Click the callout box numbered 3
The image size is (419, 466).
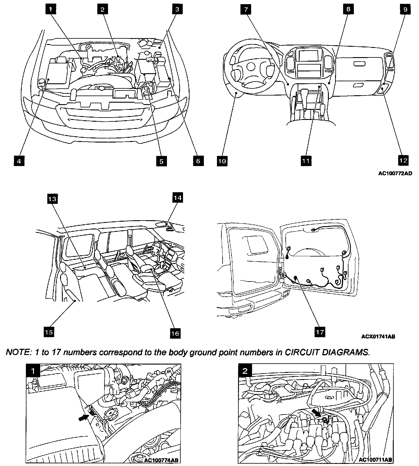click(177, 9)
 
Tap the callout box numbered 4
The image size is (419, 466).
click(19, 161)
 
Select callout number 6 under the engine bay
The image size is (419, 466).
click(198, 161)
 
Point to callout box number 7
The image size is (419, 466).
click(246, 9)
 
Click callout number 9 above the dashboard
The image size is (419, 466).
click(405, 9)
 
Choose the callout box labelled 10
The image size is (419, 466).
click(222, 161)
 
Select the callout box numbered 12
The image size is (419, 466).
click(403, 160)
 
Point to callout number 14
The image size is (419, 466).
click(178, 198)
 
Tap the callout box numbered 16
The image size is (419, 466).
click(176, 333)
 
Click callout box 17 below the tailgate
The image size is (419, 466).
click(320, 331)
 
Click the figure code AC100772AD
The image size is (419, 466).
click(395, 174)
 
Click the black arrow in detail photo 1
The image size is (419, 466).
click(85, 417)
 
